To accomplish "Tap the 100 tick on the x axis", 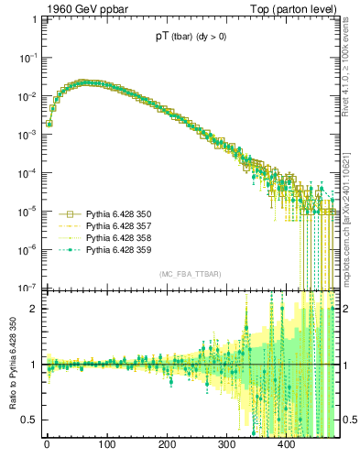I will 106,446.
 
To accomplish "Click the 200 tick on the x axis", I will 167,446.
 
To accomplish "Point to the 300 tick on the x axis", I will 226,446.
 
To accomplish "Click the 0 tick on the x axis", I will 47,446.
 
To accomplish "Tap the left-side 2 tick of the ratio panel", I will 31,310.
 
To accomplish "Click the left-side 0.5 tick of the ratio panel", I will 27,420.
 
